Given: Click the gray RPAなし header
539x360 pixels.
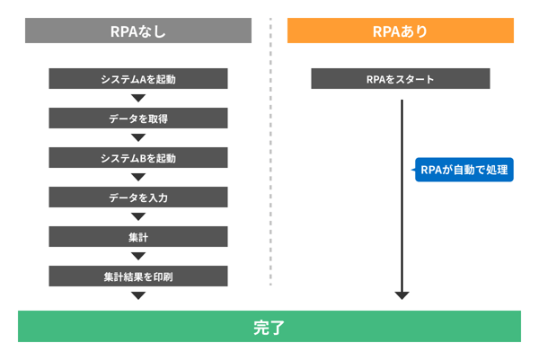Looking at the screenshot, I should (138, 31).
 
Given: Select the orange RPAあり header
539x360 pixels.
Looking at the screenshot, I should (400, 31).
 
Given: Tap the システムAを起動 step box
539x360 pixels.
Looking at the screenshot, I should (138, 79).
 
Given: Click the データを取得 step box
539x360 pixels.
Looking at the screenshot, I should (138, 119).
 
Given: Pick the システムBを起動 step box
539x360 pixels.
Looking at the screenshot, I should (138, 158).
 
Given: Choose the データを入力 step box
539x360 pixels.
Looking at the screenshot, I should (138, 198).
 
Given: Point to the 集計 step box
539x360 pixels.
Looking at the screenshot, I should (138, 237).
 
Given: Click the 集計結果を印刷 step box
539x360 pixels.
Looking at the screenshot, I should (138, 277).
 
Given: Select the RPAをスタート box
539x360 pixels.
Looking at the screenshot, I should (400, 79).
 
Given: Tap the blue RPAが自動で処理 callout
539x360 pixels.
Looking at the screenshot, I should (464, 171).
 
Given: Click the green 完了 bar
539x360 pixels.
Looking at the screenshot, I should (269, 327).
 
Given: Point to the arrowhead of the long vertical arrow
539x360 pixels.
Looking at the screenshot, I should (402, 294).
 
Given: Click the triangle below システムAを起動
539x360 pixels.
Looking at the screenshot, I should (138, 98).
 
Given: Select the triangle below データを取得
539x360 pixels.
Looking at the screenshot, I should (138, 137).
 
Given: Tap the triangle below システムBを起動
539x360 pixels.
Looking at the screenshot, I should (138, 177).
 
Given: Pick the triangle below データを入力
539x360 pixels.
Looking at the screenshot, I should (138, 216).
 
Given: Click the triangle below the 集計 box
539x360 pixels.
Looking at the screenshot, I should (138, 256).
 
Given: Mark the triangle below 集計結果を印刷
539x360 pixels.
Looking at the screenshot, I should (138, 295).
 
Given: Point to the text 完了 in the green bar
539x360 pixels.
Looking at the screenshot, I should (269, 327).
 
